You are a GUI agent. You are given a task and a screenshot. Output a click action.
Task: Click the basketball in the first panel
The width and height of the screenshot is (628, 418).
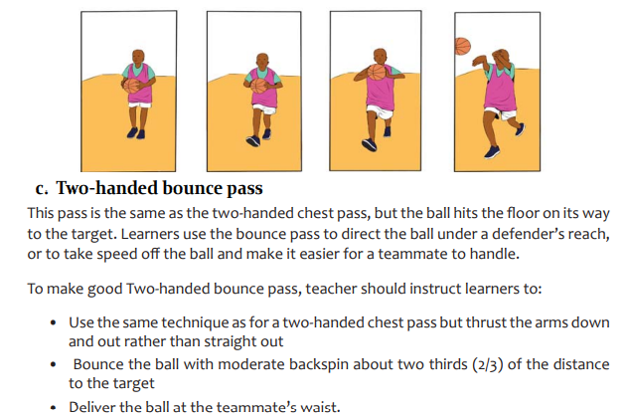pos(131,86)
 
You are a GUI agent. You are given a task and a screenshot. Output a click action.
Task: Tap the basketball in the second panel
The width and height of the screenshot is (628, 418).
pos(258,86)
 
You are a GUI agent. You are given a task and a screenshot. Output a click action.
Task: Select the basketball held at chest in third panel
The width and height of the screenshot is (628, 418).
pos(377,73)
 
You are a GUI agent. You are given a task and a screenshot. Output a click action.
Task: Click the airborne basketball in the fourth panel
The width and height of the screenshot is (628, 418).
pos(463,46)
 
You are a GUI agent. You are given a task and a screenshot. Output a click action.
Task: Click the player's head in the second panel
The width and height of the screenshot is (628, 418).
pos(262,61)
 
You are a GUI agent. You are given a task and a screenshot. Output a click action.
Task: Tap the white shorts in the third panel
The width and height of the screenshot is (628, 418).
pos(380,111)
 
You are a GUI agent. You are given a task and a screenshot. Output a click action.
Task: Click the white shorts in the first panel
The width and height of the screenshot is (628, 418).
pos(140,104)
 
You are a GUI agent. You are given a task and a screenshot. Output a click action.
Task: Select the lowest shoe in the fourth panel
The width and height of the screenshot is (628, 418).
pos(492,152)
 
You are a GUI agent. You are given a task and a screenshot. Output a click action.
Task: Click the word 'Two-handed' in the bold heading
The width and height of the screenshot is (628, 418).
pos(107,188)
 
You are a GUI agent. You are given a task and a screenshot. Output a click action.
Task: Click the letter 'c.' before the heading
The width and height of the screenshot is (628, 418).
pos(42,188)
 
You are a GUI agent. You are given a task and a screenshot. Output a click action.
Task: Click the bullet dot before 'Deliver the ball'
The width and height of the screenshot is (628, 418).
pos(54,408)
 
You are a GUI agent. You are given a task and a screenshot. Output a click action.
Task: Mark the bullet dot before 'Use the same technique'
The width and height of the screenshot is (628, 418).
pos(54,322)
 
